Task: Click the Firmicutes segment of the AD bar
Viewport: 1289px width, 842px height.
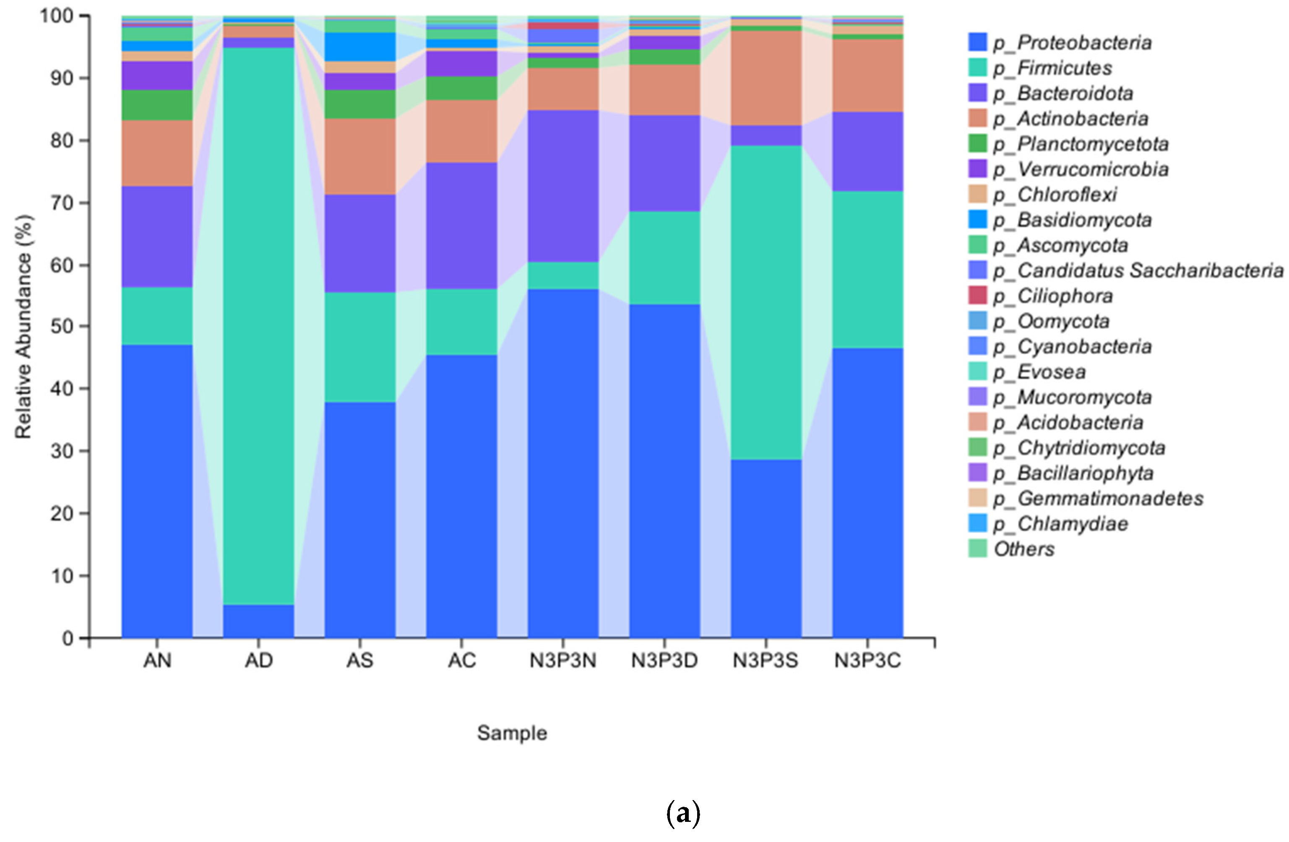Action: (x=258, y=325)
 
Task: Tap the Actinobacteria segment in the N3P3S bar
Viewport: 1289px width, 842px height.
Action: (x=766, y=78)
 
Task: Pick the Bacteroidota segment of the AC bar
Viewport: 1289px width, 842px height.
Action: (x=461, y=225)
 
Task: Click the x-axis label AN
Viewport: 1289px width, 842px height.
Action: (x=157, y=660)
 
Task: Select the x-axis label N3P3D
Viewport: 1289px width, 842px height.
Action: (x=664, y=660)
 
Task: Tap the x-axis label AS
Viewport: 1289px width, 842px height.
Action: (x=359, y=660)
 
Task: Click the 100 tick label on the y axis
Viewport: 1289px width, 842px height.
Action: (x=56, y=16)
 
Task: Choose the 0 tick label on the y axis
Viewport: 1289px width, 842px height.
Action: (x=67, y=638)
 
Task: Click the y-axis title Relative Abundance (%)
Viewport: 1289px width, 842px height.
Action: (x=24, y=327)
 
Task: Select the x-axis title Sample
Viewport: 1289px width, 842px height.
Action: (x=512, y=733)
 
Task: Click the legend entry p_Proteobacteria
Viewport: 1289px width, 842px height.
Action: (x=1072, y=43)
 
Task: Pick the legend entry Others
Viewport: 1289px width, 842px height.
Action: (x=1023, y=549)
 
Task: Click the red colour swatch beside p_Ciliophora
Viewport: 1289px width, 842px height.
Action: (x=978, y=296)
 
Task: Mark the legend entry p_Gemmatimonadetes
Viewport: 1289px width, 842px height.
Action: (x=1098, y=499)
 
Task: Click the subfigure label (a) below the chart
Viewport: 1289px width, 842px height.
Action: (x=683, y=814)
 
